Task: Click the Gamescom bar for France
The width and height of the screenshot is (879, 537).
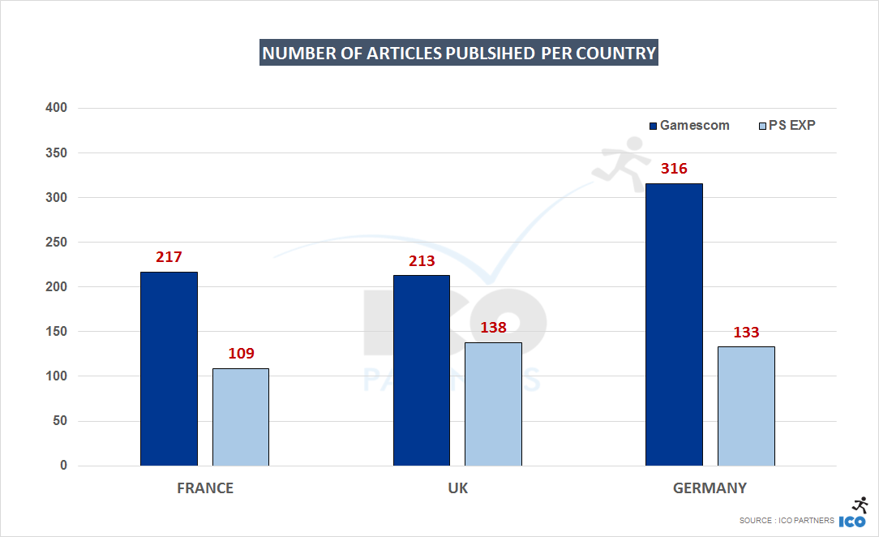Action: click(x=169, y=368)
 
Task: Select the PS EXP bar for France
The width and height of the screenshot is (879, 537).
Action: click(x=240, y=417)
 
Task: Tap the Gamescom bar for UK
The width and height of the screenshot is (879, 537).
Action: click(x=422, y=370)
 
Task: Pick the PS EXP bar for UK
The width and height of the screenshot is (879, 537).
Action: click(x=493, y=404)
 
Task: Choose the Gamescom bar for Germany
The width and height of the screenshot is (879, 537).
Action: click(x=674, y=324)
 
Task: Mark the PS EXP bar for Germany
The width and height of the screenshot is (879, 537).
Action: click(x=746, y=406)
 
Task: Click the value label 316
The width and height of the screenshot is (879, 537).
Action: click(x=674, y=169)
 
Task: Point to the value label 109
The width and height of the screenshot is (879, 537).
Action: click(x=241, y=354)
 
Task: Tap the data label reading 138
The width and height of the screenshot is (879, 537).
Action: click(x=494, y=328)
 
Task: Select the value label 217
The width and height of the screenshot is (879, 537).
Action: click(x=169, y=257)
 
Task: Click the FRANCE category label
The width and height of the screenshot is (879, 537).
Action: click(x=205, y=488)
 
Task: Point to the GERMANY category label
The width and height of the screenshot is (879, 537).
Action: click(x=710, y=488)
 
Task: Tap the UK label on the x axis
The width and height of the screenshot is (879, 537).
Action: click(x=457, y=488)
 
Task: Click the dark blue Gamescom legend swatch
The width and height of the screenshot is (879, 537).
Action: click(x=653, y=126)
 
